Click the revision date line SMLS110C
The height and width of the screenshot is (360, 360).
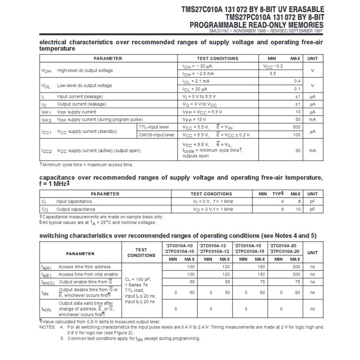[265, 31]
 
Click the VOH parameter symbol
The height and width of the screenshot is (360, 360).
[46, 71]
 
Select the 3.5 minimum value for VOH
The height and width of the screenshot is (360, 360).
[272, 74]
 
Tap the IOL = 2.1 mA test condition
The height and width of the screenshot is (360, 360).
[198, 81]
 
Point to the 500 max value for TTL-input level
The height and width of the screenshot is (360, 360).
[296, 127]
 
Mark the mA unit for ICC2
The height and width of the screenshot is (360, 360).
[312, 150]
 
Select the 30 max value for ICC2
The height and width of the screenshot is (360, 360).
[298, 150]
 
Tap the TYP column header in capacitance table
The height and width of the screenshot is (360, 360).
[278, 194]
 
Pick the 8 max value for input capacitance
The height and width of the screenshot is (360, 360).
[299, 201]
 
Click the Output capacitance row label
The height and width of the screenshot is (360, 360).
[76, 209]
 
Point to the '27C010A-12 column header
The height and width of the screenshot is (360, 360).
[214, 246]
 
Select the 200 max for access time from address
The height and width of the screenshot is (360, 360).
[296, 267]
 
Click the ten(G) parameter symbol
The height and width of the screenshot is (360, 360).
[48, 282]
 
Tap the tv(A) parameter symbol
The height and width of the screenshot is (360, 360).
[46, 309]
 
